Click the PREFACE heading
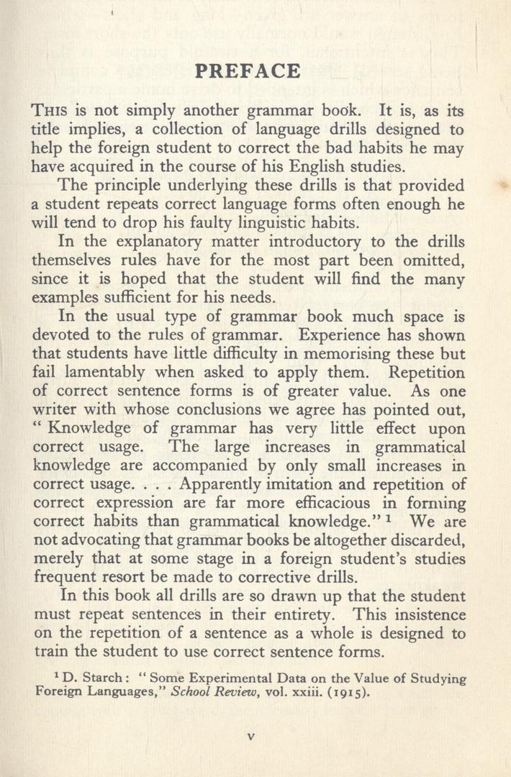click(x=248, y=72)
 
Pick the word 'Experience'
click(x=344, y=335)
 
